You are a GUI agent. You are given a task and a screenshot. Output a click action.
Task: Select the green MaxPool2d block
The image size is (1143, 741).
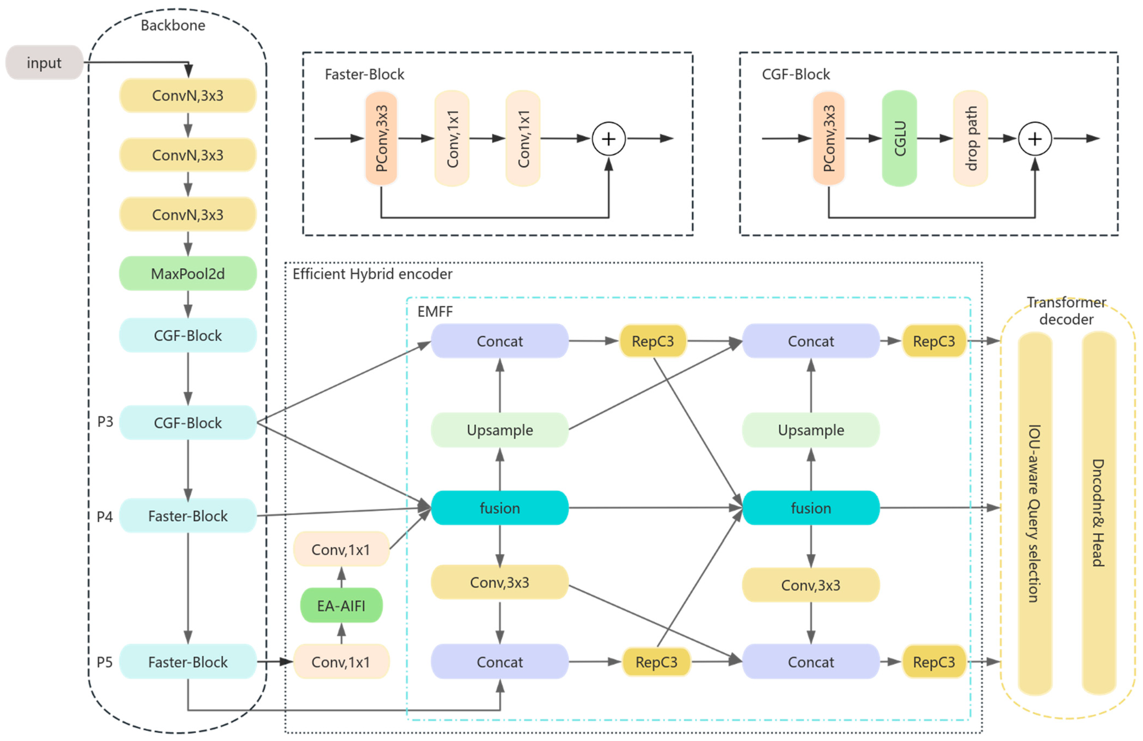[x=188, y=274]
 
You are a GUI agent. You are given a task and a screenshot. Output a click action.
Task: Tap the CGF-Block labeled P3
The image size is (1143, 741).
[x=188, y=423]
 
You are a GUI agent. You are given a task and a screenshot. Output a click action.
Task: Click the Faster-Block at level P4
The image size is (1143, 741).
[x=188, y=516]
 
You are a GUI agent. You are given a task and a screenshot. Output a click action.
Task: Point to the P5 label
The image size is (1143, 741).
[x=105, y=662]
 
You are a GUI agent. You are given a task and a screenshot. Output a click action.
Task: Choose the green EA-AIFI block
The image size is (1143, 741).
[x=341, y=606]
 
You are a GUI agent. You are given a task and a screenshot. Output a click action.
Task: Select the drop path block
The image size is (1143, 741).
[x=971, y=138]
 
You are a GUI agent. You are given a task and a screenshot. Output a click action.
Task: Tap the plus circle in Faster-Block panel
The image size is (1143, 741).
[x=608, y=139]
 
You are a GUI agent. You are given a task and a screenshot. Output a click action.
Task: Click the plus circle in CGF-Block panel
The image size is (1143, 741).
[x=1035, y=139]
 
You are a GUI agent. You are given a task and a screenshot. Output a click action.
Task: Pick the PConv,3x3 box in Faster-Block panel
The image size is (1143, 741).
[x=381, y=138]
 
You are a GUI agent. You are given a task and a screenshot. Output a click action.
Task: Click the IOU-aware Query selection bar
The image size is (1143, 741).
[x=1035, y=513]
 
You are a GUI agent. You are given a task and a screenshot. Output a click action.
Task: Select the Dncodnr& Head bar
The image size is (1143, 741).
[x=1099, y=513]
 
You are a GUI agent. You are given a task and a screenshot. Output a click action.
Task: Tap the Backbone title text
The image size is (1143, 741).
[x=173, y=25]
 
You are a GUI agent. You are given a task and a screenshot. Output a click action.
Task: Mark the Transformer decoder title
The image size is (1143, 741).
[x=1066, y=311]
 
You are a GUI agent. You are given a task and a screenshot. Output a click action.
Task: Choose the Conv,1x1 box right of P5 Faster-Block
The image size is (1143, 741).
[x=341, y=662]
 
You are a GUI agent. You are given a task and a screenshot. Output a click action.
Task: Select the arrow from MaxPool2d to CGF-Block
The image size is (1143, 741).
[x=188, y=304]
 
